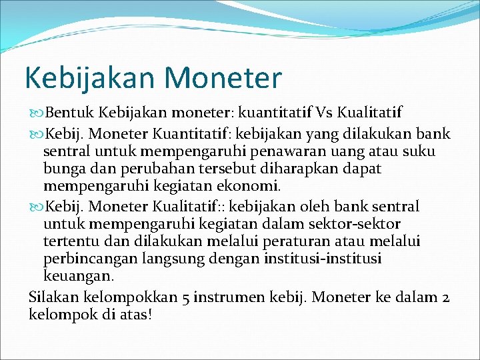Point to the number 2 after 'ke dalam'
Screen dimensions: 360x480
445,296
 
